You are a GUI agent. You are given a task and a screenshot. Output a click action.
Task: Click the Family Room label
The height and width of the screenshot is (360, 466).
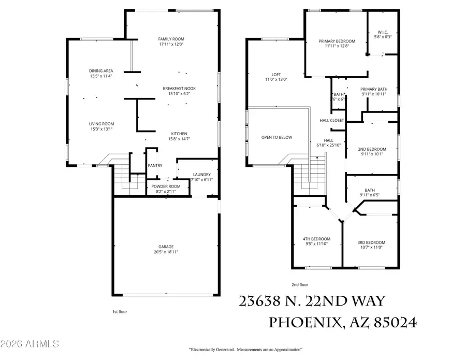[x=171, y=39]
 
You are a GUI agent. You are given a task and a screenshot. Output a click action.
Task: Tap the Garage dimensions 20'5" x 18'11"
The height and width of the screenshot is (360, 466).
[x=166, y=252]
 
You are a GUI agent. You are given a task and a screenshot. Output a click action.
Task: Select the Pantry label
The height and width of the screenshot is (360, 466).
[x=155, y=166]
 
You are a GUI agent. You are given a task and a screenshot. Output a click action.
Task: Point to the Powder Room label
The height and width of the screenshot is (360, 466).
[x=166, y=186]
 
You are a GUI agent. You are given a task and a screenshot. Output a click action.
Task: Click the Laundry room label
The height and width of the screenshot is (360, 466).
[x=201, y=174]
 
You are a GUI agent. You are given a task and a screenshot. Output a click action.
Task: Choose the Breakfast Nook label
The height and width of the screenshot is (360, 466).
[x=179, y=88]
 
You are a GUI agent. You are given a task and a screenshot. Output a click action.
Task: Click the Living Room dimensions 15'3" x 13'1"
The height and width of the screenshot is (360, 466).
[x=101, y=129]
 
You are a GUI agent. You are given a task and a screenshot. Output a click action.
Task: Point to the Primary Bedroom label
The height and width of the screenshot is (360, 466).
[x=337, y=41]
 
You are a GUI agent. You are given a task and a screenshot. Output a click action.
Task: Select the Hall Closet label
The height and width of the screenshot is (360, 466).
[x=332, y=120]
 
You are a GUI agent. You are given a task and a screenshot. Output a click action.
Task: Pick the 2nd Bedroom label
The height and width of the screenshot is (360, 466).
[x=371, y=148]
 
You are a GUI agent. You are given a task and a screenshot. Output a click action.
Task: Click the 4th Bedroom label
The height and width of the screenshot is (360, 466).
[x=316, y=239]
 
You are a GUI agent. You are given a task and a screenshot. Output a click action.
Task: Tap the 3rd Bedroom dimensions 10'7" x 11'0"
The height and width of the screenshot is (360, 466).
[x=371, y=247]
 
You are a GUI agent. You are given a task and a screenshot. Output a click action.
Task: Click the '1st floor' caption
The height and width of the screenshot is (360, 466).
[x=120, y=311]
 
